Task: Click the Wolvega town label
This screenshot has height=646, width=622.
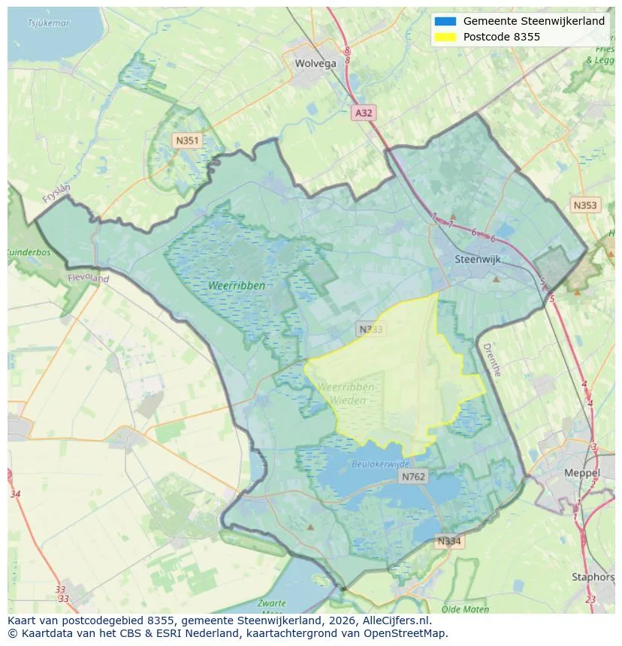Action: tap(316, 64)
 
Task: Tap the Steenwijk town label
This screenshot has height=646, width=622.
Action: tap(478, 260)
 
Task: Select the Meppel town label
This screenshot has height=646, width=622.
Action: tap(582, 473)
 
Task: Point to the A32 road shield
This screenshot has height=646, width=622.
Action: tap(364, 113)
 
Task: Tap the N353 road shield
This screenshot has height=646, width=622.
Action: tap(584, 205)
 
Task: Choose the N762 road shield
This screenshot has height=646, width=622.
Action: tap(413, 476)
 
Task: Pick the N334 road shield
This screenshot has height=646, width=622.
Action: tap(450, 540)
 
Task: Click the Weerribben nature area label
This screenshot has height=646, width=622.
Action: tap(237, 286)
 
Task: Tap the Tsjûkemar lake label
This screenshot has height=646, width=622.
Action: tap(48, 23)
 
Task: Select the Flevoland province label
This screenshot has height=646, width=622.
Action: tap(88, 278)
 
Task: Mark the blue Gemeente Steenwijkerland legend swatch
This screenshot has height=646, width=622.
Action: tap(445, 21)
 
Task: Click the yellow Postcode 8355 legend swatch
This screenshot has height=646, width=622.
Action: tap(445, 37)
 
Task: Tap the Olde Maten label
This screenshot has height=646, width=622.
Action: tap(466, 609)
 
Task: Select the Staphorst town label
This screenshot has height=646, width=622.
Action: tap(593, 577)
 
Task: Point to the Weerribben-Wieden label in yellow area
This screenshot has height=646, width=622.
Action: tap(346, 394)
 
